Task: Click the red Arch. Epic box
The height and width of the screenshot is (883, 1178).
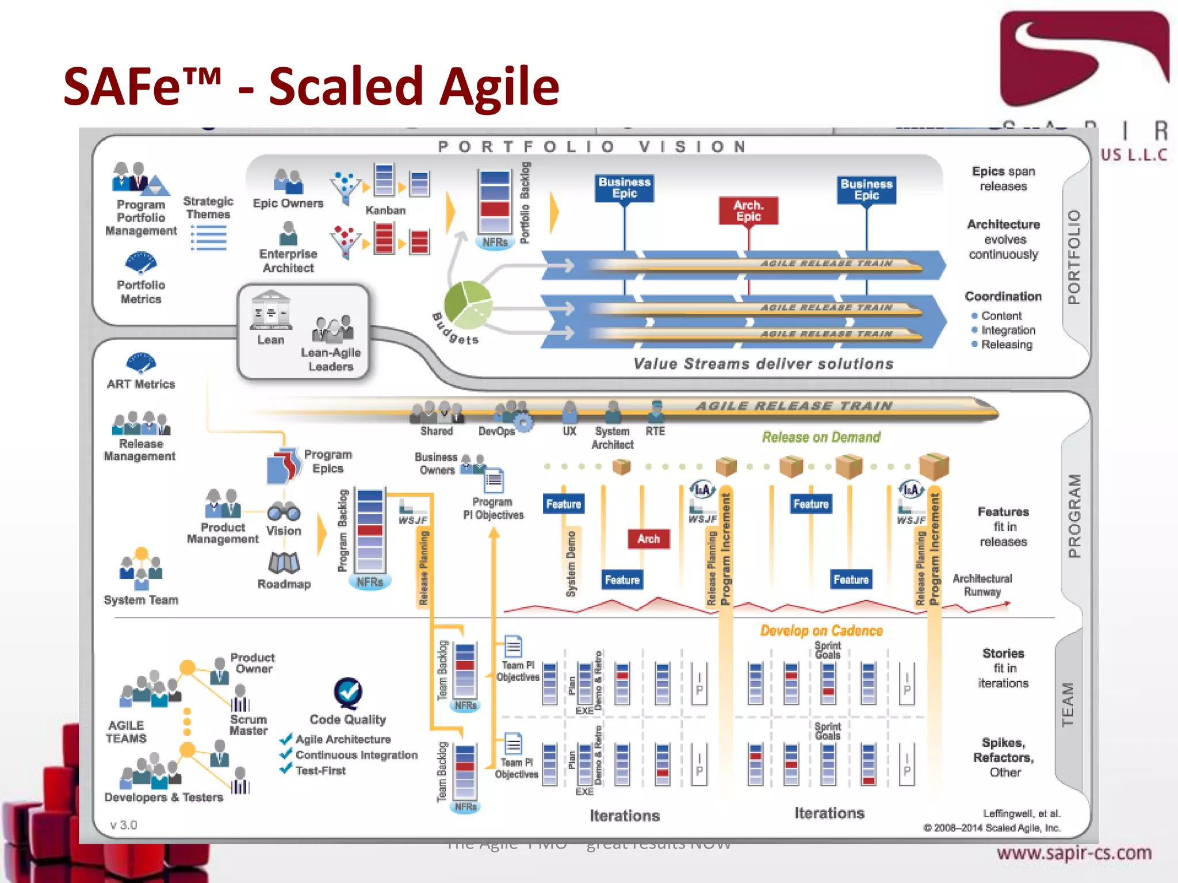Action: click(x=748, y=211)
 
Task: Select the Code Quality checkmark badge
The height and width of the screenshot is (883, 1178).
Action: click(x=348, y=692)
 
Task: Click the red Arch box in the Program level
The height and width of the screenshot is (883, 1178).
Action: click(x=648, y=539)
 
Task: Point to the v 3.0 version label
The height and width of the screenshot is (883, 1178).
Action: click(x=124, y=825)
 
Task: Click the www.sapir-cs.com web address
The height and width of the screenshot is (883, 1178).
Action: click(x=1074, y=853)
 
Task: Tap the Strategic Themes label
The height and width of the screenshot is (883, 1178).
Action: click(x=208, y=208)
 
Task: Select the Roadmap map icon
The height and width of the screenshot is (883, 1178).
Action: click(x=284, y=562)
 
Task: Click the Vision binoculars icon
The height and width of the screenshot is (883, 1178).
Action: click(x=284, y=510)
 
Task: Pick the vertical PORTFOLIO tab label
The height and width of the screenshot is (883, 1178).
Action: click(x=1074, y=257)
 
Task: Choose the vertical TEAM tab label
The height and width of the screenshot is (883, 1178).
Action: click(x=1068, y=704)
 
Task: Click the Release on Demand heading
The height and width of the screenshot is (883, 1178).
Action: click(x=821, y=437)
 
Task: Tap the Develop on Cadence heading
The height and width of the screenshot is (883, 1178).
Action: click(x=821, y=631)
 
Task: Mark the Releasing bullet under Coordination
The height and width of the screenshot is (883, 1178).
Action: click(x=1006, y=345)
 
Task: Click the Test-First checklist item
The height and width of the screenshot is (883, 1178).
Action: click(x=320, y=771)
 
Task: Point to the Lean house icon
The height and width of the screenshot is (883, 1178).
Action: click(x=271, y=310)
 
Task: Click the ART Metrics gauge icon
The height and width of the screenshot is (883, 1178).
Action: click(x=141, y=363)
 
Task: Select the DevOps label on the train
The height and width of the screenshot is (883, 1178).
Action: click(x=496, y=431)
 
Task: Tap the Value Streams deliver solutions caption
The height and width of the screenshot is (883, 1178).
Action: click(x=763, y=364)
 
